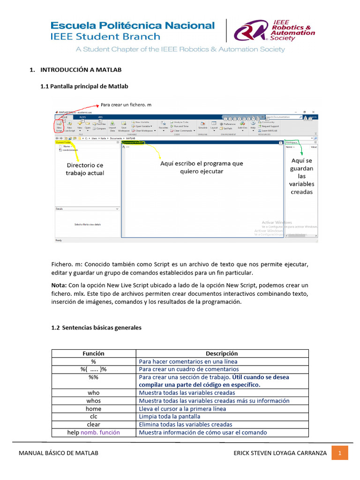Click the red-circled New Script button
59,127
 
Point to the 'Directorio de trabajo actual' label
85,169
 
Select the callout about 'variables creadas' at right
301,176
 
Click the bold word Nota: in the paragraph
59,285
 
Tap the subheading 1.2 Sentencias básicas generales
96,328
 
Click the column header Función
93,353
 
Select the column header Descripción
222,353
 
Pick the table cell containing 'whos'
93,401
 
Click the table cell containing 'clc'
93,416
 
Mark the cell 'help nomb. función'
93,432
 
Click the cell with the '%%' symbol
93,377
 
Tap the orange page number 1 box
340,453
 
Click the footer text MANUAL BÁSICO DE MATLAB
59,453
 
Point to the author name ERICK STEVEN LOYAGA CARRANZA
280,453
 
